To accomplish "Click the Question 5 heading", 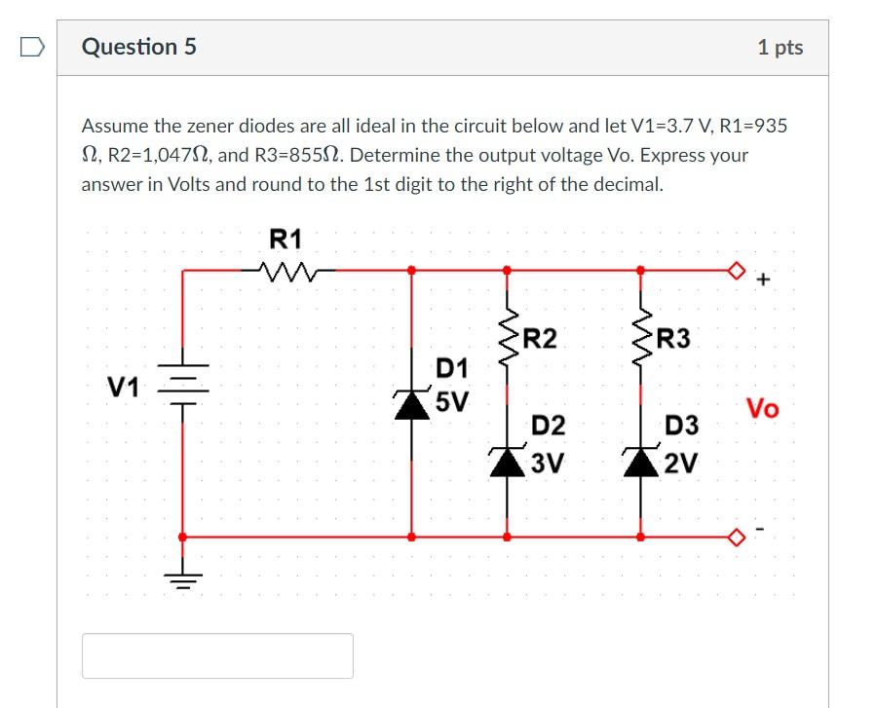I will pyautogui.click(x=139, y=47).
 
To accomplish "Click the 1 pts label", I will pyautogui.click(x=780, y=48).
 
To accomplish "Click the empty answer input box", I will pyautogui.click(x=217, y=655).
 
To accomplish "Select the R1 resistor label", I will pyautogui.click(x=285, y=239).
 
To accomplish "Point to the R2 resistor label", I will pyautogui.click(x=540, y=339).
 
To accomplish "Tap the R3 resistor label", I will pyautogui.click(x=672, y=339).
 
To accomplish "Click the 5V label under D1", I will pyautogui.click(x=452, y=400).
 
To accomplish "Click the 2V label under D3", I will pyautogui.click(x=680, y=463).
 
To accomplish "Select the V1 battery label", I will pyautogui.click(x=124, y=388).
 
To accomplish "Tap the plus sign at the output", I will pyautogui.click(x=763, y=281).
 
